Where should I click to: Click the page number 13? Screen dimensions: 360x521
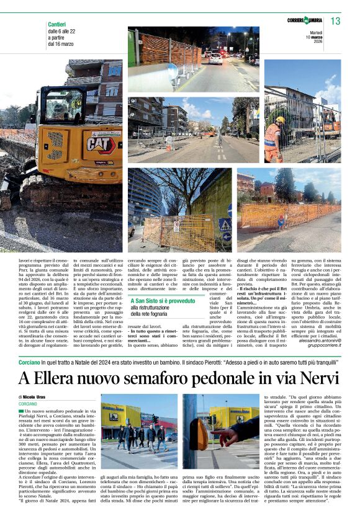pyautogui.click(x=336, y=22)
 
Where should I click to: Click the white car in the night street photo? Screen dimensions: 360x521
pyautogui.click(x=215, y=58)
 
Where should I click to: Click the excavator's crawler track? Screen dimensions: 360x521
pyautogui.click(x=19, y=186)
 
